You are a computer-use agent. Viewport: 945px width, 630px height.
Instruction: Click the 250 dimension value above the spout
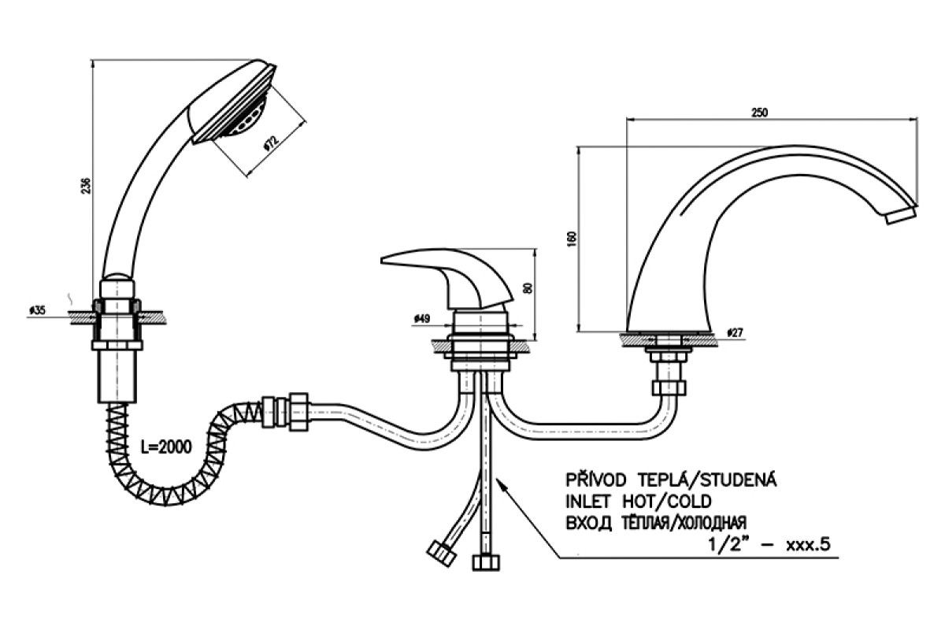pyautogui.click(x=759, y=113)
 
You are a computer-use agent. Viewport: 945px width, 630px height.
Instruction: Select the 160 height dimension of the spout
pyautogui.click(x=573, y=239)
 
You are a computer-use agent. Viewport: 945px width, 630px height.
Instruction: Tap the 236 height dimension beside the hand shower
pyautogui.click(x=86, y=186)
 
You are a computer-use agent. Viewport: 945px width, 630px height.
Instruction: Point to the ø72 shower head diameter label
pyautogui.click(x=270, y=144)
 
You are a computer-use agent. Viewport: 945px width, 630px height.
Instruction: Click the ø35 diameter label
pyautogui.click(x=37, y=310)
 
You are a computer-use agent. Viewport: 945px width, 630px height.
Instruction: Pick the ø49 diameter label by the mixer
pyautogui.click(x=422, y=319)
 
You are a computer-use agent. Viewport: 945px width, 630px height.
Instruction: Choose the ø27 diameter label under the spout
pyautogui.click(x=735, y=333)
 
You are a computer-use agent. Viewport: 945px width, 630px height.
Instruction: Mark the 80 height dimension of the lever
pyautogui.click(x=528, y=288)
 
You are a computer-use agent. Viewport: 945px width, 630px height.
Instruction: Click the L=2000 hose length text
pyautogui.click(x=166, y=447)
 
